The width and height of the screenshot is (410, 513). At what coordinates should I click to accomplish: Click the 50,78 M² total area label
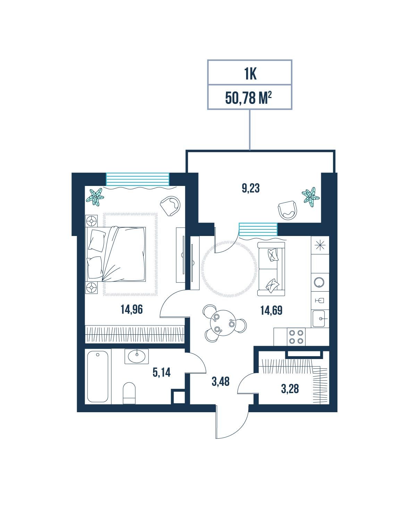tap(248, 98)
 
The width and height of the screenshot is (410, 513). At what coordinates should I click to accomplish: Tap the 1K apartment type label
tap(250, 74)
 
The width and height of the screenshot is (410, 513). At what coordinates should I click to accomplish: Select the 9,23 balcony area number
tap(250, 188)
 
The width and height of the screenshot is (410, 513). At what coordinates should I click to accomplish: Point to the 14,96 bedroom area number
tap(132, 309)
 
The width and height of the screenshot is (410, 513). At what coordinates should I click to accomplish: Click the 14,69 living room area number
tap(271, 311)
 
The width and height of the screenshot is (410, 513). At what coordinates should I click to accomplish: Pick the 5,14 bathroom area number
tap(161, 372)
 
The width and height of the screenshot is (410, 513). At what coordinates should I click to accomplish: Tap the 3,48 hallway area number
tap(220, 381)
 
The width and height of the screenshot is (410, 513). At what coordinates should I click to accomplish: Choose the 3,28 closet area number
tap(290, 389)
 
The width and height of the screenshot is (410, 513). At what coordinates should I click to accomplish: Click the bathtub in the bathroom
tap(98, 377)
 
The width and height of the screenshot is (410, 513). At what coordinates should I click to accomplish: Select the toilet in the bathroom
tap(129, 393)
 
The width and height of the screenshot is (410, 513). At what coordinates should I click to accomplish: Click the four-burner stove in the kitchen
tap(296, 337)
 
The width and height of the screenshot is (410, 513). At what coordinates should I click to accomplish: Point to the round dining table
tap(223, 323)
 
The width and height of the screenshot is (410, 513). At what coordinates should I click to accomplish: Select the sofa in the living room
tap(271, 269)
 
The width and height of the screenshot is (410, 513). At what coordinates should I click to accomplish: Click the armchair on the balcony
tap(287, 210)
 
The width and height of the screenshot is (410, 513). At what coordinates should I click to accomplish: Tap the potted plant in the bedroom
tap(95, 197)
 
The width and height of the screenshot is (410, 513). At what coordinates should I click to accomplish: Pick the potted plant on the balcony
tap(310, 197)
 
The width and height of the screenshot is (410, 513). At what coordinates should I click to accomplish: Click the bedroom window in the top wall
tap(137, 179)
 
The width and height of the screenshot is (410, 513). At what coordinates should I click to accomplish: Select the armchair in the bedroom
tap(170, 206)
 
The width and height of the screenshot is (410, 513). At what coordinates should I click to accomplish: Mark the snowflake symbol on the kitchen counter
tap(320, 245)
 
